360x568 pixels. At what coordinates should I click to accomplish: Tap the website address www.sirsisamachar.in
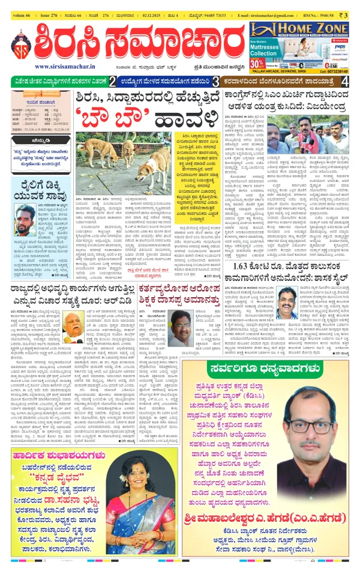point(62,67)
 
